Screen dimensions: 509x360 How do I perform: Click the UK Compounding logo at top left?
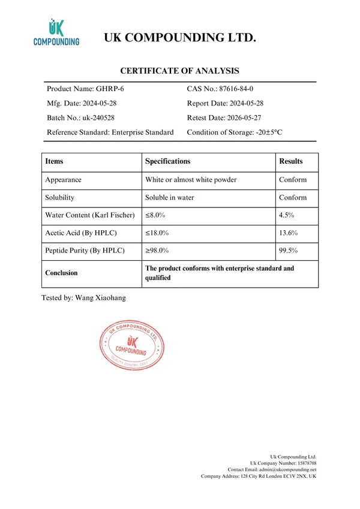pos(56,32)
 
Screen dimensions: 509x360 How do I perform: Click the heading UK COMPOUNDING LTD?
pos(180,38)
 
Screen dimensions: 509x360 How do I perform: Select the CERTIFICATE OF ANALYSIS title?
pos(180,70)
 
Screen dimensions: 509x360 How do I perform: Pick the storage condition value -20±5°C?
pos(278,132)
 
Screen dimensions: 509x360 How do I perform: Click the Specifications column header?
pos(167,161)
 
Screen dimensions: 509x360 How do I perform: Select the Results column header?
pos(291,161)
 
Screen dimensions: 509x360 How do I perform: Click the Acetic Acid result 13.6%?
pos(289,233)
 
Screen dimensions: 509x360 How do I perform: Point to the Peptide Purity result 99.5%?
pos(289,251)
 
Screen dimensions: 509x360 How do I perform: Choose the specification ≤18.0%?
pos(157,233)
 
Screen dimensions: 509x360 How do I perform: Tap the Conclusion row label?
pos(61,273)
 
